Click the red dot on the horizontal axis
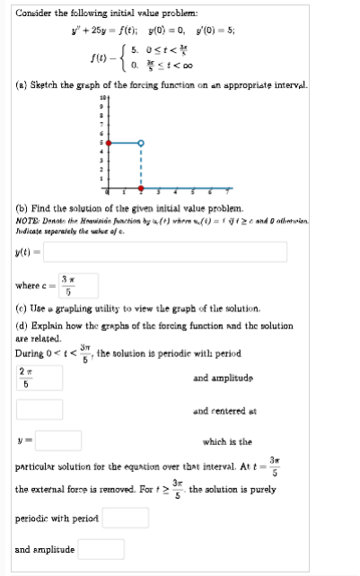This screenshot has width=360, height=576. (141, 191)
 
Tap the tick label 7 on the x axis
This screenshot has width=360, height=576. (226, 191)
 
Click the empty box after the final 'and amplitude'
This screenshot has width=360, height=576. (101, 547)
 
